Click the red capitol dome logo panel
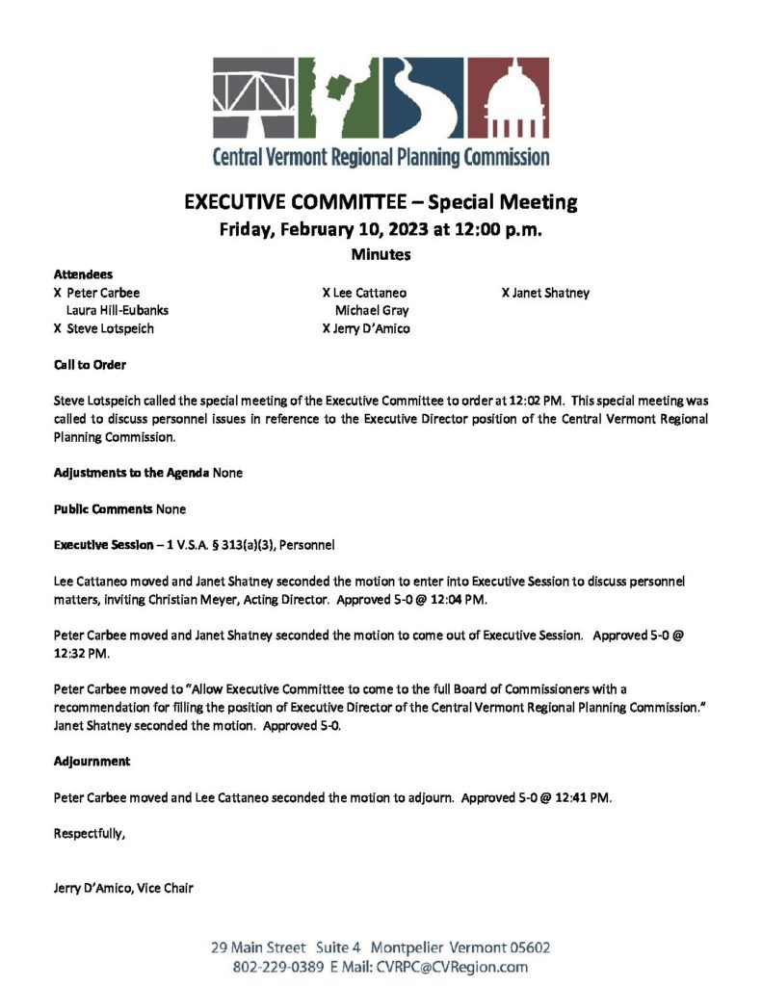click(509, 99)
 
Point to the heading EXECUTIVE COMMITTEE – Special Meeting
click(381, 202)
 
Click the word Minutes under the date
click(381, 255)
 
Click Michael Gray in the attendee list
click(372, 310)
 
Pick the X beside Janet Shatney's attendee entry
click(505, 293)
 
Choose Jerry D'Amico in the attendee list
click(371, 328)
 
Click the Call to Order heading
click(90, 365)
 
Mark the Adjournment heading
click(92, 761)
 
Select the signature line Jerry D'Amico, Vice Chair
click(123, 888)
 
